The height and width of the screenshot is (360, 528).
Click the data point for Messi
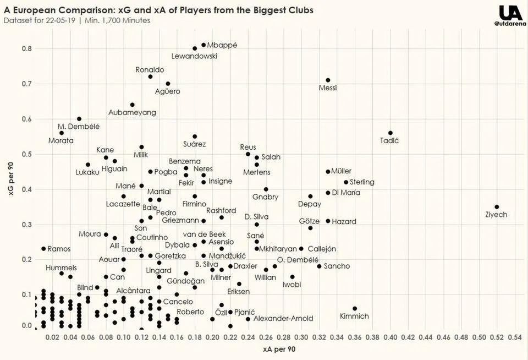pos(328,80)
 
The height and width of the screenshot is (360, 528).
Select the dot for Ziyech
pos(497,207)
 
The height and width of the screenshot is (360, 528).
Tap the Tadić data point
pos(391,133)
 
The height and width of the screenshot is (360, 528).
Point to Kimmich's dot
pos(355,309)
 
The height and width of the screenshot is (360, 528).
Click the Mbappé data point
pos(204,45)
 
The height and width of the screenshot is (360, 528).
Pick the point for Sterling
pos(346,182)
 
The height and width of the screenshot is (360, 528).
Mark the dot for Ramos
pos(43,249)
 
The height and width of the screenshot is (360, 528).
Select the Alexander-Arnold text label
pos(283,319)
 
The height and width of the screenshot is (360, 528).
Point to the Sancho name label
pos(337,266)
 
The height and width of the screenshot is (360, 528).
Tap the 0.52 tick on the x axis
pos(497,336)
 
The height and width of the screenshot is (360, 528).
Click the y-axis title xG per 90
pos(9,187)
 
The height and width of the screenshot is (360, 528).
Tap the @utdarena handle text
pos(510,24)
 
